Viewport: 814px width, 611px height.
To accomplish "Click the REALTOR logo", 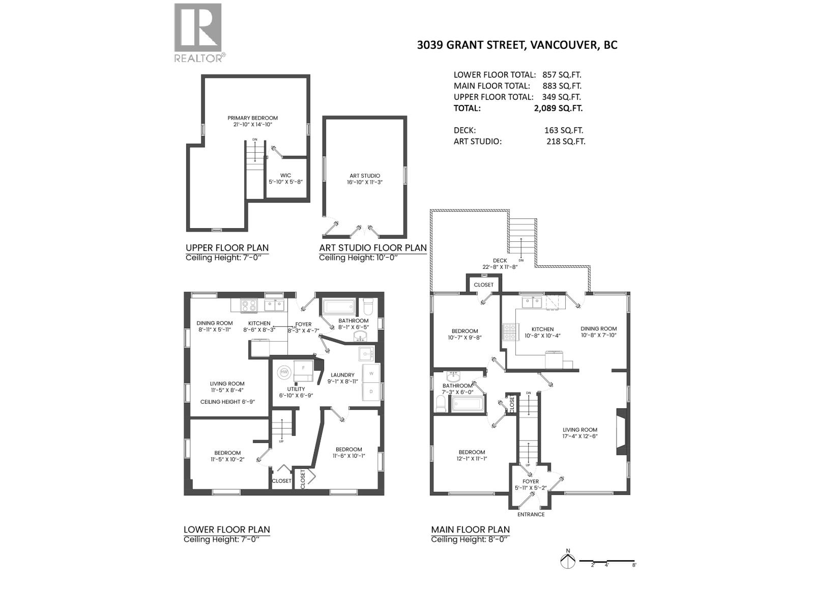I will click(198, 32).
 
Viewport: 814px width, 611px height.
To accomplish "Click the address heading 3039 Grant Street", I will click(517, 45).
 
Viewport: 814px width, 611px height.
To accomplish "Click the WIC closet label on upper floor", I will click(285, 178).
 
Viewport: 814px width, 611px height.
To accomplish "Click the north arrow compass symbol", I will click(567, 561).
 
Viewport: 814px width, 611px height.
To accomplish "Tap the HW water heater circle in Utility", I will click(283, 373).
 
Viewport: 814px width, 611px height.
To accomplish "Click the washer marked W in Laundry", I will click(371, 373).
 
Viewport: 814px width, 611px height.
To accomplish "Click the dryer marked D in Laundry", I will click(371, 392).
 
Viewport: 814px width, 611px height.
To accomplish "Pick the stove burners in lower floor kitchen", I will click(249, 305).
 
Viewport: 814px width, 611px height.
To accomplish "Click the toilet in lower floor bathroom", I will click(368, 307).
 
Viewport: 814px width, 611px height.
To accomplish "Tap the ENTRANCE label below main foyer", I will click(531, 514).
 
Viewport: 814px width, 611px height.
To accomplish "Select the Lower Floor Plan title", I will click(226, 530).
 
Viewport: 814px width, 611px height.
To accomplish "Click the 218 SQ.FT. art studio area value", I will click(565, 141).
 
